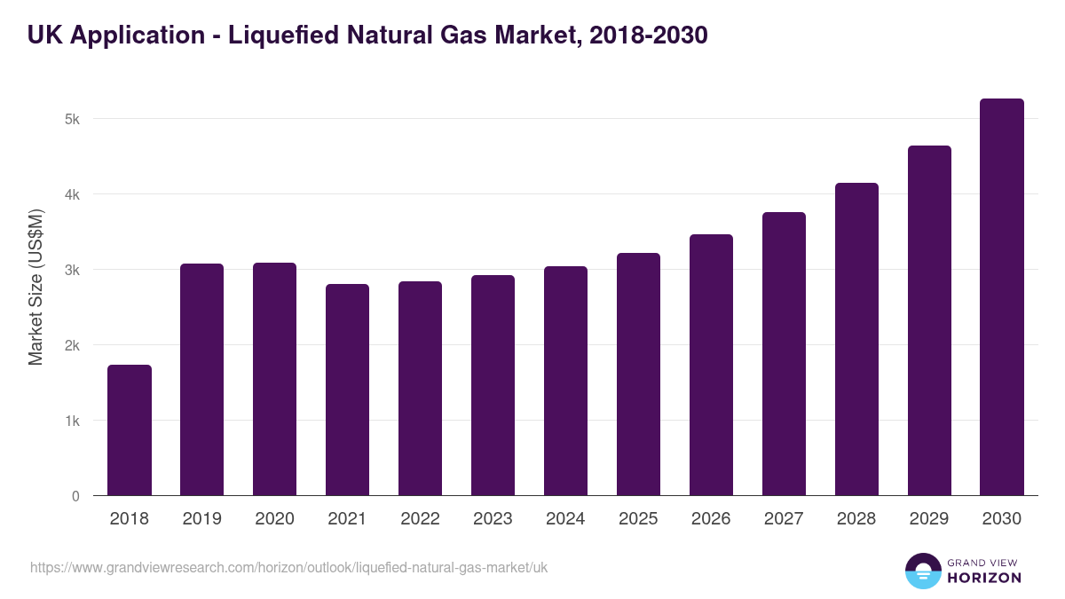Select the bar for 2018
point(130,430)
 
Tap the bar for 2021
point(347,390)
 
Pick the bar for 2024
point(565,382)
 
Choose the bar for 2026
point(711,365)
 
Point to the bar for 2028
point(856,339)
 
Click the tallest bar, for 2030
point(1002,297)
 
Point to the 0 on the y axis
point(75,496)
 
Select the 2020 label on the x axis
point(274,519)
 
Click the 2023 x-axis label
point(493,519)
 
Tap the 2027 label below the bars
point(784,519)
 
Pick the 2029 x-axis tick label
point(929,519)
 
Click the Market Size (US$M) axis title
point(35,288)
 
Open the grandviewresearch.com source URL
point(288,567)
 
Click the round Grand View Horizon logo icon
point(923,571)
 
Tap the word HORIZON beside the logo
point(984,578)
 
